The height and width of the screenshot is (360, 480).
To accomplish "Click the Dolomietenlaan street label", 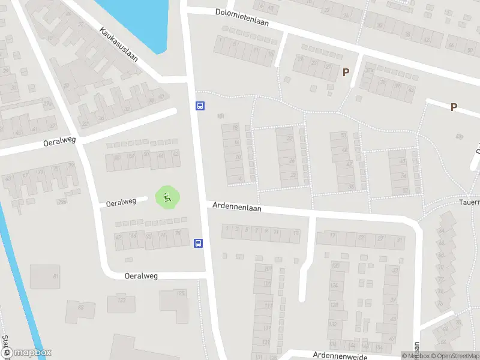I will click(x=242, y=17).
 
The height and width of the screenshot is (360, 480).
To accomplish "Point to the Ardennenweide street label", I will click(x=336, y=355).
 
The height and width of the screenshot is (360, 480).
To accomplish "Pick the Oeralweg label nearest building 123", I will click(x=141, y=276).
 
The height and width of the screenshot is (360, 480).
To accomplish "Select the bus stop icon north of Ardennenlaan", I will click(x=200, y=106).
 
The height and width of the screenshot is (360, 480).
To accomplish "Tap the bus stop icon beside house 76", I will click(x=198, y=243).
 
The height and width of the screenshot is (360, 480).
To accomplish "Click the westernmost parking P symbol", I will click(x=346, y=73).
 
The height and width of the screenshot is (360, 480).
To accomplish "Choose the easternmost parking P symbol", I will click(x=454, y=107).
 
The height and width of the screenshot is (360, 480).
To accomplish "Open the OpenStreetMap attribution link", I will click(x=455, y=356).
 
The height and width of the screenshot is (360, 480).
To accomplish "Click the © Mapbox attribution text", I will click(x=415, y=356).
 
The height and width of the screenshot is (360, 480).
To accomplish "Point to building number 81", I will click(x=56, y=276).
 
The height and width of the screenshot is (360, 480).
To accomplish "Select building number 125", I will click(x=181, y=293).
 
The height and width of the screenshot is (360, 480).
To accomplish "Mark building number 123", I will click(x=122, y=300).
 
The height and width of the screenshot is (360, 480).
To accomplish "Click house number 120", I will click(x=337, y=266).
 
